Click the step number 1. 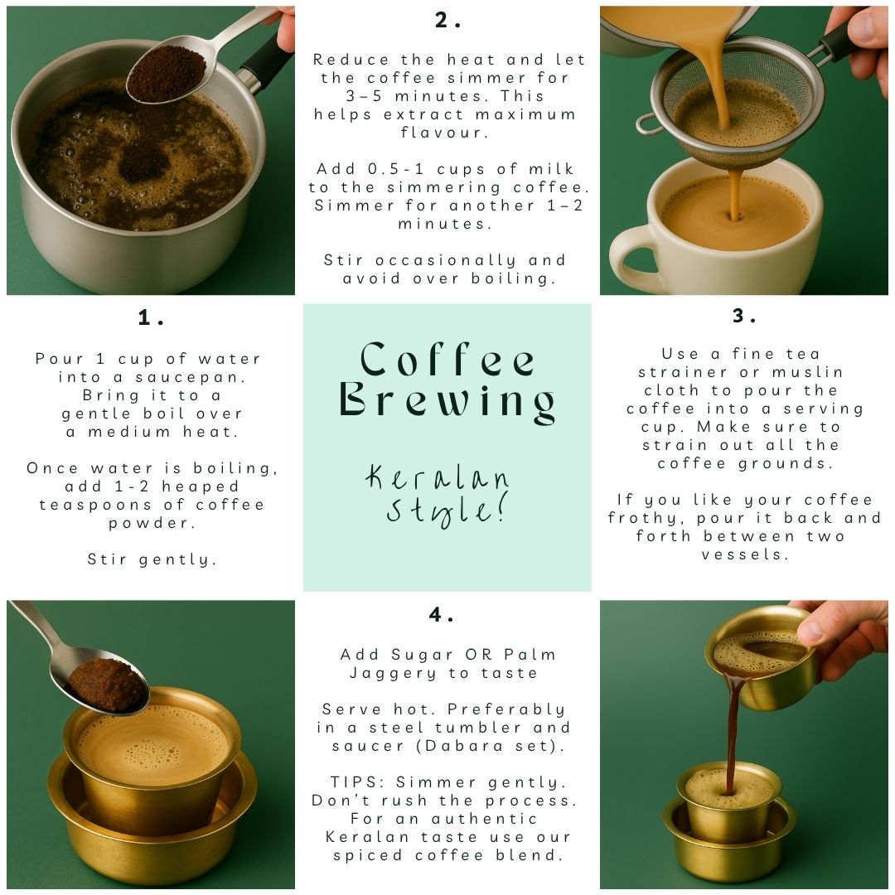pos(151,317)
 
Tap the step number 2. pos(447,21)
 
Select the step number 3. pos(744,316)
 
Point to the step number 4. pos(441,615)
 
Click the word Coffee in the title pos(447,360)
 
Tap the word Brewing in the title pos(447,402)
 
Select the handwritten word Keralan pos(437,478)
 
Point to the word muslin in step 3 pos(807,372)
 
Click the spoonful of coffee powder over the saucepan pos(166,74)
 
